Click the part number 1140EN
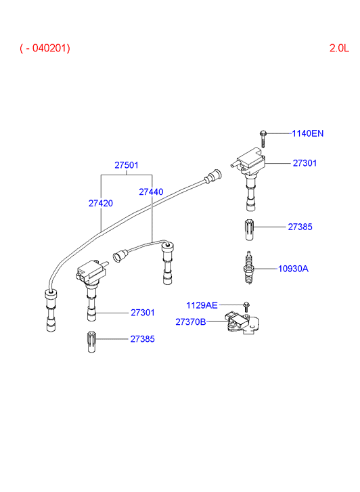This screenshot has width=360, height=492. pyautogui.click(x=308, y=133)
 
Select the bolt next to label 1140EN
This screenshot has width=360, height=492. pyautogui.click(x=263, y=139)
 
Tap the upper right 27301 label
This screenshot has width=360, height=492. pyautogui.click(x=305, y=163)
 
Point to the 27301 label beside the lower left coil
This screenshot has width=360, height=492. pyautogui.click(x=143, y=313)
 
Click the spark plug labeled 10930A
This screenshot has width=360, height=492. pyautogui.click(x=248, y=267)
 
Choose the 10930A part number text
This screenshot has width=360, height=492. pyautogui.click(x=293, y=269)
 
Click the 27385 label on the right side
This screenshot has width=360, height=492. pyautogui.click(x=300, y=227)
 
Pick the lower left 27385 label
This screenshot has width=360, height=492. pyautogui.click(x=143, y=339)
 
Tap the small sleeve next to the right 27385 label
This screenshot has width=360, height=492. pyautogui.click(x=249, y=229)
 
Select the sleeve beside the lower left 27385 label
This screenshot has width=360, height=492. pyautogui.click(x=91, y=342)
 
